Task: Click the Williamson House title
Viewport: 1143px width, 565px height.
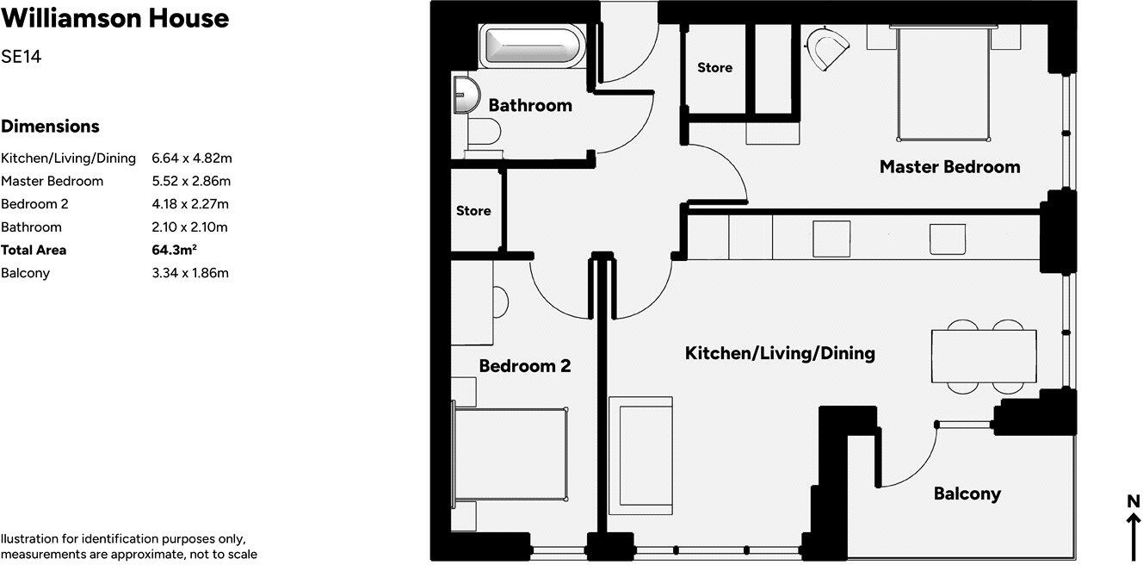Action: [114, 18]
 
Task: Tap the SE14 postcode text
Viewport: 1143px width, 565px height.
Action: [22, 58]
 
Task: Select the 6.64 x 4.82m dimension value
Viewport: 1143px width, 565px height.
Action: [192, 158]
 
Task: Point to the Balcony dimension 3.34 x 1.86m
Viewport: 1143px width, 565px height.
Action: [190, 273]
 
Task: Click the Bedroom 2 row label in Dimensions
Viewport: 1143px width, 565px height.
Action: [34, 204]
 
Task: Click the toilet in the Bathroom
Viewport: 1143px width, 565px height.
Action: [485, 133]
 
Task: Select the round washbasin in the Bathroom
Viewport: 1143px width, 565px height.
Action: [465, 94]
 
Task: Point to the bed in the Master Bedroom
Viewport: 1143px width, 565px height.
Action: [942, 84]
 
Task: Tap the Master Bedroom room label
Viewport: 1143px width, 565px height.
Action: [949, 167]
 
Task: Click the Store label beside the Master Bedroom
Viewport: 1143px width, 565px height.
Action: [714, 68]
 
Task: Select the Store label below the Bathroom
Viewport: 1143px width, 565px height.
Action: [473, 211]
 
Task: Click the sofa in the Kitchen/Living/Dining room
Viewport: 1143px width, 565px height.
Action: [643, 455]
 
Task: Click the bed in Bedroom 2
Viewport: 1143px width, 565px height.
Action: [510, 455]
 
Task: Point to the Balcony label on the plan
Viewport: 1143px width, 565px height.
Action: [967, 494]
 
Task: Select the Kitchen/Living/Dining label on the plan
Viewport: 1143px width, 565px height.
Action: [780, 353]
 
